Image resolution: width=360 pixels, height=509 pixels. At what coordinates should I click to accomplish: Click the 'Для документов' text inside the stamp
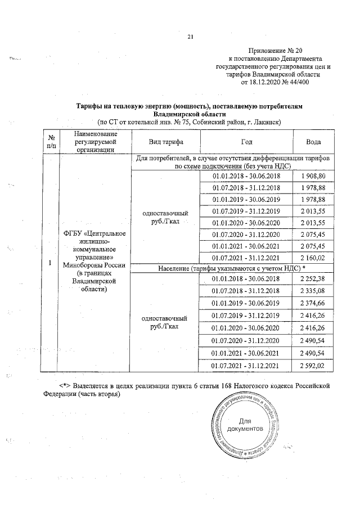click(x=245, y=425)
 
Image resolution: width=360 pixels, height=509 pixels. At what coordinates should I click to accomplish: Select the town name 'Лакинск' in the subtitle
click(x=263, y=122)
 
